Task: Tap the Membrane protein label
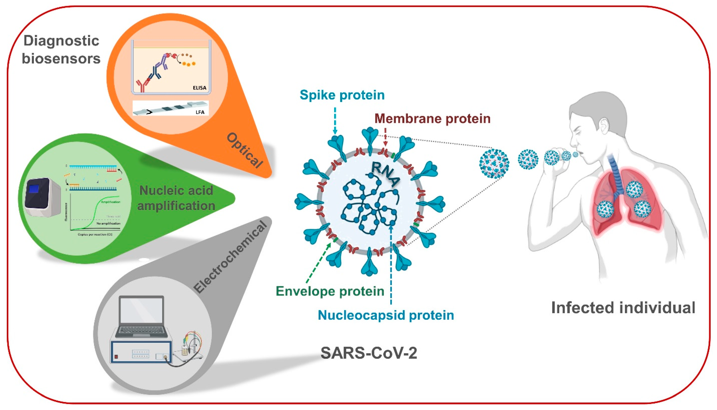(432, 119)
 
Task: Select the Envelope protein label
(330, 291)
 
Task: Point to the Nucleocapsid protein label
(386, 315)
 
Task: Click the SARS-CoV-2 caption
(369, 353)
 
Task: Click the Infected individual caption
(623, 307)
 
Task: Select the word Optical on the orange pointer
(244, 151)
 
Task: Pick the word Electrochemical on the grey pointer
(230, 257)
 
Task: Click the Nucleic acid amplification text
(176, 198)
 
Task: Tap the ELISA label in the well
(199, 88)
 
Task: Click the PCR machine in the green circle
(42, 197)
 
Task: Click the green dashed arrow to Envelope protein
(318, 263)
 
